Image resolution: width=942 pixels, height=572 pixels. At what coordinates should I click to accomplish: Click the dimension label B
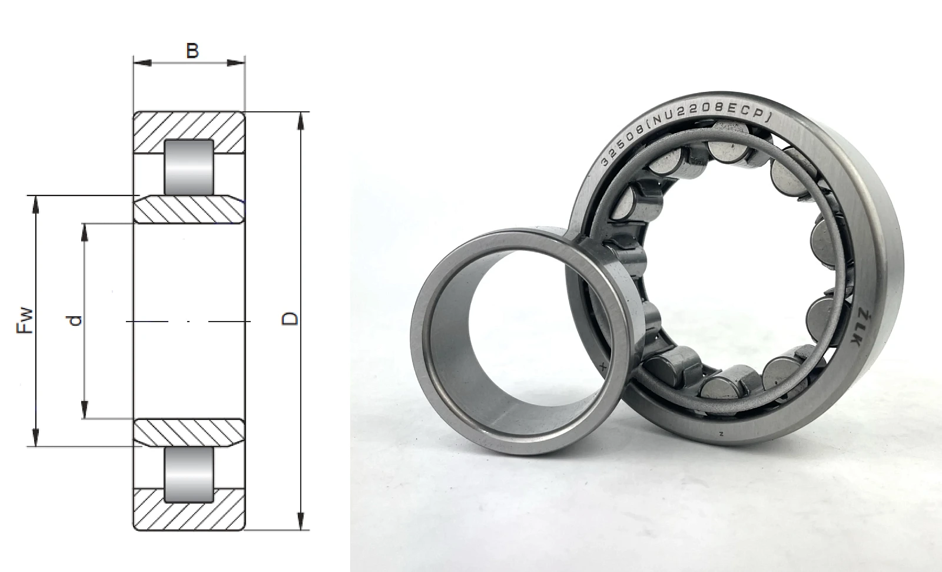(x=192, y=51)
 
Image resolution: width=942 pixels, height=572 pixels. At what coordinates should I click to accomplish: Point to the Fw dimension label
(x=25, y=320)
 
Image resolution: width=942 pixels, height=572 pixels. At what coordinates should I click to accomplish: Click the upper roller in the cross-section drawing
(x=189, y=167)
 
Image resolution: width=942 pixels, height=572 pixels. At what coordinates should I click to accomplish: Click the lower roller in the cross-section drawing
(x=189, y=474)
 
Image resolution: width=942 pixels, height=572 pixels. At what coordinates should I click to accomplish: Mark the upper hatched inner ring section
(x=189, y=209)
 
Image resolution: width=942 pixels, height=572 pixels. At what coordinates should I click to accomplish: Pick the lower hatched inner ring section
(x=189, y=433)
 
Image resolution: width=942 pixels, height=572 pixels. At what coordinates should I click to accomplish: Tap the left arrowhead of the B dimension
(x=142, y=63)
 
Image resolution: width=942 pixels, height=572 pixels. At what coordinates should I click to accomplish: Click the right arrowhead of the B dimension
(x=236, y=63)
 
